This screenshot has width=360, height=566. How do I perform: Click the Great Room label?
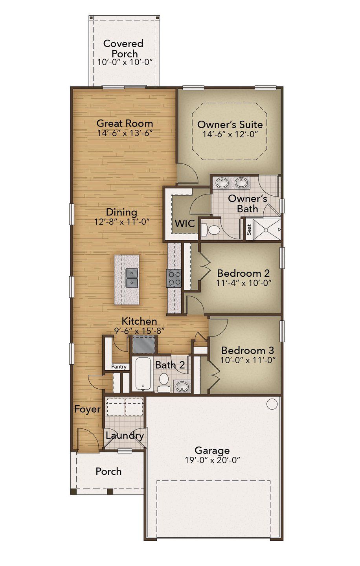[x=125, y=123]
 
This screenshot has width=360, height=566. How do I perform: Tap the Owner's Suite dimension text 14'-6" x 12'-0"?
[x=230, y=134]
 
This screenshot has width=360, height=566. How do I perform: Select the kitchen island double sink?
[x=132, y=278]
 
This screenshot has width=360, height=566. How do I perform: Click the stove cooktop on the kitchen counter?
[x=174, y=278]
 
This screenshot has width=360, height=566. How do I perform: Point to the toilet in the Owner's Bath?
[x=211, y=230]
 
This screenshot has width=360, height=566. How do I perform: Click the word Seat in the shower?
[x=249, y=230]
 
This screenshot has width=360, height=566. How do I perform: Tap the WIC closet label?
[x=185, y=223]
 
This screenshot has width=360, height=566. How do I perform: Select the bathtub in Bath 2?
[x=143, y=374]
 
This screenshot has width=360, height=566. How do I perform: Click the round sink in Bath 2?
[x=182, y=386]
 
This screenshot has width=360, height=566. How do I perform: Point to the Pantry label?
[x=119, y=367]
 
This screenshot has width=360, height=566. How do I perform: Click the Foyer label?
[x=87, y=409]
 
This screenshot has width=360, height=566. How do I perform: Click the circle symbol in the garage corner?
[x=272, y=404]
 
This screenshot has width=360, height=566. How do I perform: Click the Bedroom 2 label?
[x=244, y=273]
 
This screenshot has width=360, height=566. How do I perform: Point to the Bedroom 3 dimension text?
[x=248, y=360]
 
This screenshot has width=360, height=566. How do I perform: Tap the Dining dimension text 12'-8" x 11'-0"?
[x=122, y=222]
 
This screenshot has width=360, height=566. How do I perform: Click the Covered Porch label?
[x=123, y=48]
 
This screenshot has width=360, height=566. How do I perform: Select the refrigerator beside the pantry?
[x=143, y=345]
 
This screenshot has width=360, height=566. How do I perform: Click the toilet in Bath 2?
[x=164, y=382]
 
